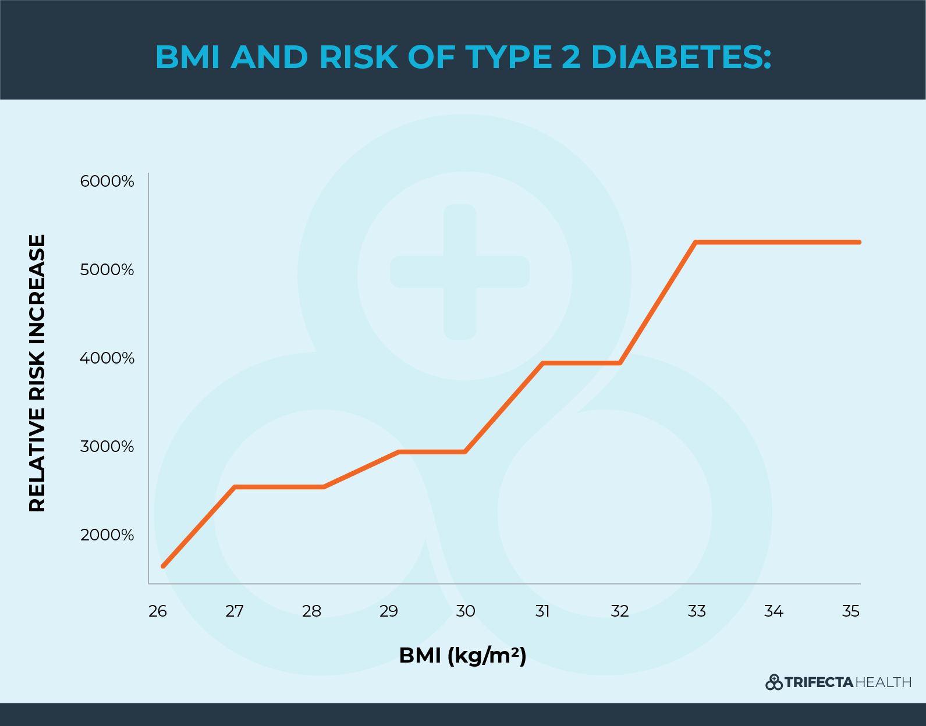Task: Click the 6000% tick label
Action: pos(107,181)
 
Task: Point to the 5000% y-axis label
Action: pos(107,270)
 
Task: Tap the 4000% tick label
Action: pos(107,358)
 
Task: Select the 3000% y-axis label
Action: pos(107,447)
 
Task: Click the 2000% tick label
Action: pos(107,535)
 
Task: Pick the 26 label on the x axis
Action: pos(158,611)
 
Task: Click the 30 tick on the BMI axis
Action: pos(466,611)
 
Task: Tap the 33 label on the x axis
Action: pos(697,611)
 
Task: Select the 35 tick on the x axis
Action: pos(851,611)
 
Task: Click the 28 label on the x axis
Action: pos(312,611)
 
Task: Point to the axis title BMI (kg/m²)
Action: pos(463,656)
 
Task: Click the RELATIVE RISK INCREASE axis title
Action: pos(37,373)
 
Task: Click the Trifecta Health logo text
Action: pos(838,682)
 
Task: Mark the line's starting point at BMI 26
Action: pos(164,565)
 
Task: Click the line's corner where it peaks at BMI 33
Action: pos(696,242)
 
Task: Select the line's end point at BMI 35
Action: pos(858,242)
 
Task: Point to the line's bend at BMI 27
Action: pos(235,487)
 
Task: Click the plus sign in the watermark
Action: pos(460,272)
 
